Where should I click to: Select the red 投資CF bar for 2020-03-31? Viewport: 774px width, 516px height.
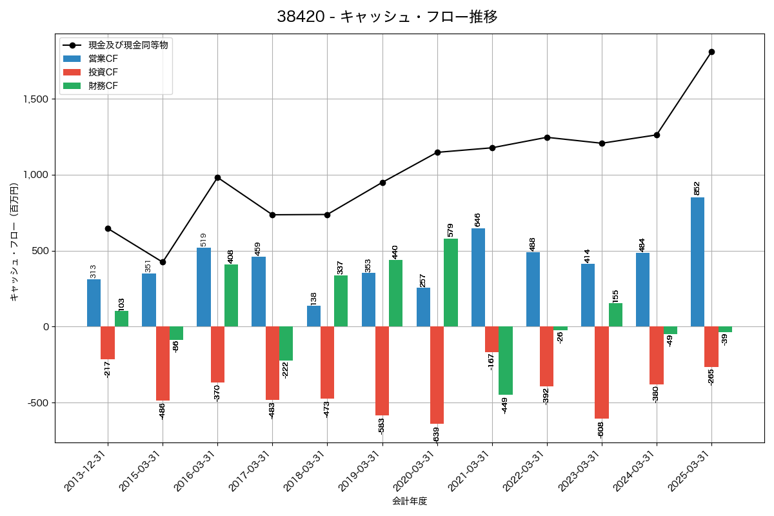point(437,375)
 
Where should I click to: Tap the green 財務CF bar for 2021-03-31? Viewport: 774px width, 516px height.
point(506,361)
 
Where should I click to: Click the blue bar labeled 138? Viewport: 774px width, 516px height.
point(313,316)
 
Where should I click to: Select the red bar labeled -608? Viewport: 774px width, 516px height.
point(602,372)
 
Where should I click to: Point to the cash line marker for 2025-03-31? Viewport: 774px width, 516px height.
point(711,52)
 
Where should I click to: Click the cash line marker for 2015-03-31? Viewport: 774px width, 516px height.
point(163,262)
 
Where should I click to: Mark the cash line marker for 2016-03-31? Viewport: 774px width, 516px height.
point(217,177)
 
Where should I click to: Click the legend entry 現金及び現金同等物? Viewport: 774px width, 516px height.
point(128,45)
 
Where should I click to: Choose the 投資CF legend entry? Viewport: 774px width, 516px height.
point(103,72)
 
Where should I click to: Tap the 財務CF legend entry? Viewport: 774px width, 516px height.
point(103,85)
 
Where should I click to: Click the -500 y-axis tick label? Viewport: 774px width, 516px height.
point(39,403)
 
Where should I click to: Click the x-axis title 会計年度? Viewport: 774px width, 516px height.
point(410,501)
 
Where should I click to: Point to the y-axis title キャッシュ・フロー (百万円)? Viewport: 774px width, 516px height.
point(14,242)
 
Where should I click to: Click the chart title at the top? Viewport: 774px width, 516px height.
point(387,17)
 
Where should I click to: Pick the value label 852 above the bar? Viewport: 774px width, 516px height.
point(697,188)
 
